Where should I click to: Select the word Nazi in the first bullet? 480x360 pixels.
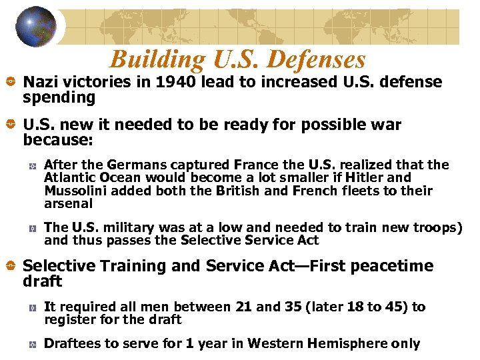pos(39,82)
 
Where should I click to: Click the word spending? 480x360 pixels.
pos(59,98)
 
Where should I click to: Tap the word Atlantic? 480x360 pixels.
pos(69,178)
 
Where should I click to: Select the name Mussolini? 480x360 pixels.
pos(75,191)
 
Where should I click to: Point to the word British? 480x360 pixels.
pos(239,191)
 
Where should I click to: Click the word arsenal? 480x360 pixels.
pos(68,204)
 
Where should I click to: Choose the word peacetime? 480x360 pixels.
pos(392,266)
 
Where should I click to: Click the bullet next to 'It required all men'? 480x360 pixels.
pos(32,308)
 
